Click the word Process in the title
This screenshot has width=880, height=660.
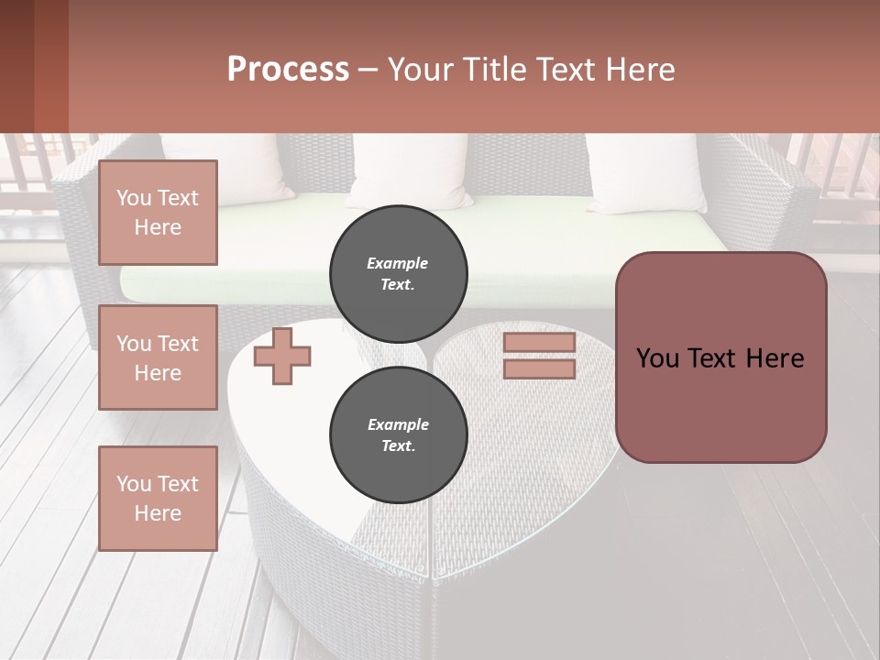pyautogui.click(x=288, y=69)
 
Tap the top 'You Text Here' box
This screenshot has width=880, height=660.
pyautogui.click(x=158, y=213)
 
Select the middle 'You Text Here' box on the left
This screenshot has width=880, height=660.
pyautogui.click(x=158, y=357)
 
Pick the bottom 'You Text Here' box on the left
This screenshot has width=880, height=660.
pyautogui.click(x=158, y=498)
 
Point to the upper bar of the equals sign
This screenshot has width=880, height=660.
pyautogui.click(x=539, y=343)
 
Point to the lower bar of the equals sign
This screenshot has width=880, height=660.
pyautogui.click(x=539, y=369)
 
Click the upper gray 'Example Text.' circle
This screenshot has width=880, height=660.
pyautogui.click(x=398, y=274)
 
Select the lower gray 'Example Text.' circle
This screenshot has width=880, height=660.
pyautogui.click(x=398, y=435)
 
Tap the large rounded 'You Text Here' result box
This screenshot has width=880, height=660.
pyautogui.click(x=720, y=357)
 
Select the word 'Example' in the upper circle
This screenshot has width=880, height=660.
pyautogui.click(x=398, y=263)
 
